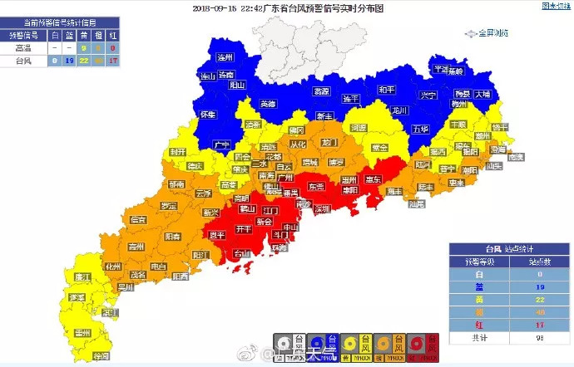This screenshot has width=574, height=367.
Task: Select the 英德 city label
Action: pos(267,104)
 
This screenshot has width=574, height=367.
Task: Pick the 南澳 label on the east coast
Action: pos(517,156)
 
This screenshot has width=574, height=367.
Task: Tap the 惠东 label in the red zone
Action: pos(374,179)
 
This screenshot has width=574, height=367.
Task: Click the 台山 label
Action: pos(240,253)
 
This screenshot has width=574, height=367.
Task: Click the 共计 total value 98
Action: pos(540,338)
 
